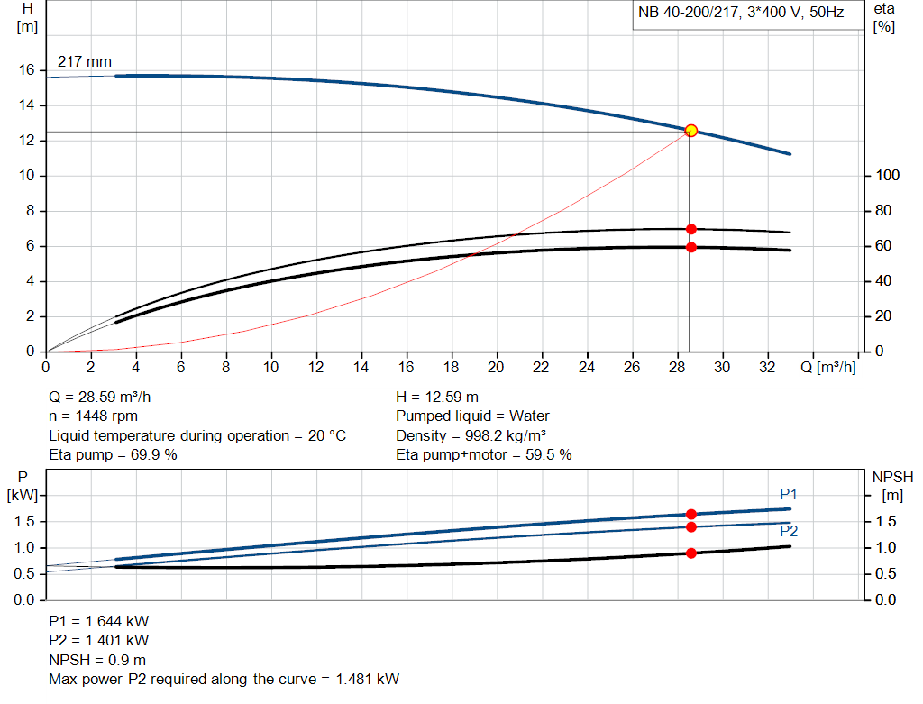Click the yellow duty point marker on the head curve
pos(691,131)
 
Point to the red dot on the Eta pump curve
pos(691,229)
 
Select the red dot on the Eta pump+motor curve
pos(691,247)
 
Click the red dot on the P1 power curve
pos(691,514)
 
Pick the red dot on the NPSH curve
pos(691,553)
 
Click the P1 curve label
pos(789,494)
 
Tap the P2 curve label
pos(789,532)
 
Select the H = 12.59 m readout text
pos(437,397)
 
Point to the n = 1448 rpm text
pos(94,416)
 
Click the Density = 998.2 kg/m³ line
pos(471,436)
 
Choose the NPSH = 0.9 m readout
pos(97,660)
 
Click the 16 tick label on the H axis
pos(27,70)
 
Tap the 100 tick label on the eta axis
pos(886,176)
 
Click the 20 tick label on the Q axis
pos(496,368)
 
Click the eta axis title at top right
pos(884,17)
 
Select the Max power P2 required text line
pos(224,679)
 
